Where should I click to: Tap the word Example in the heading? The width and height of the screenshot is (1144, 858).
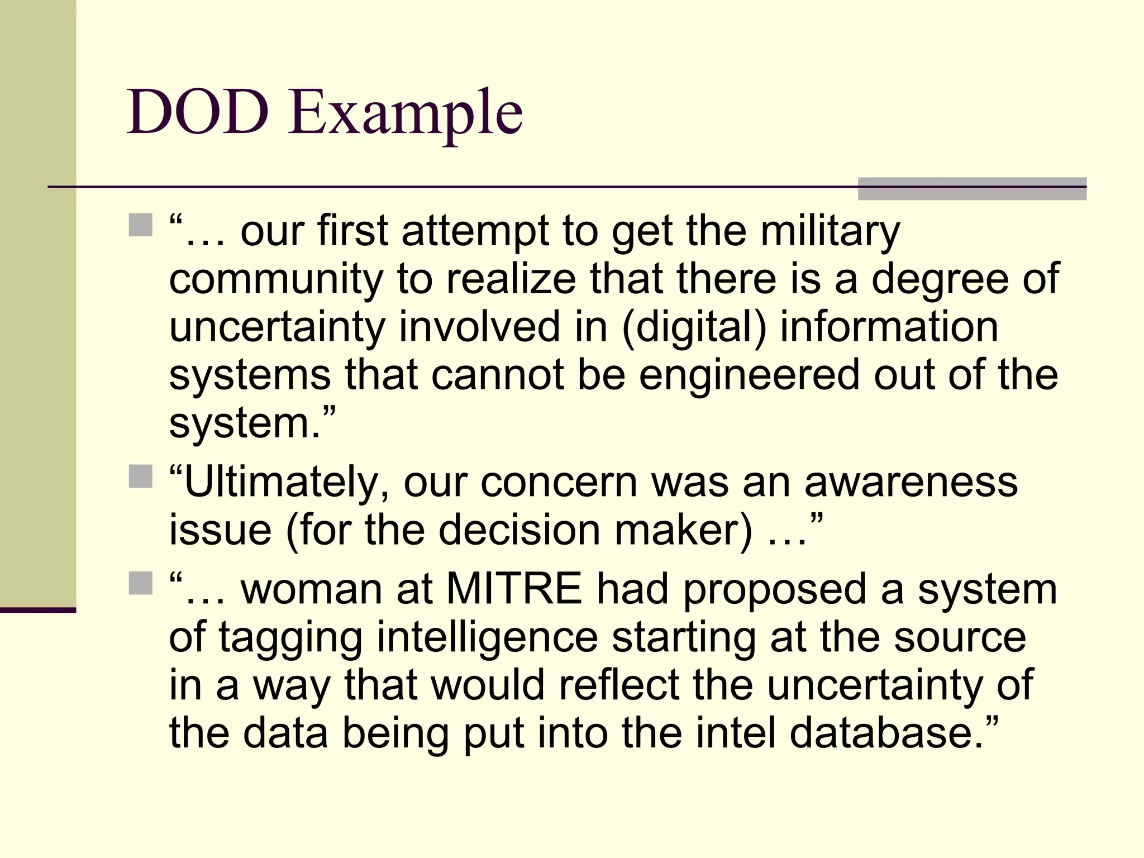406,114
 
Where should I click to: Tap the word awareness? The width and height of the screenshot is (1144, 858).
911,483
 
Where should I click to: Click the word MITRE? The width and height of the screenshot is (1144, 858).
514,589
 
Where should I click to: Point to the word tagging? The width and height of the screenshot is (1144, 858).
290,638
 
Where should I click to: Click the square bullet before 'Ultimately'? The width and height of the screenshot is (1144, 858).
140,476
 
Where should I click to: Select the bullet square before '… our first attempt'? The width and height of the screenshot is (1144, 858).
140,225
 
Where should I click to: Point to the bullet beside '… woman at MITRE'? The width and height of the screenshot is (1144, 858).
140,583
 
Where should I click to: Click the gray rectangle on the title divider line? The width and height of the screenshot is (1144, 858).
972,189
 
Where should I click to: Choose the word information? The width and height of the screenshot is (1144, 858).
889,327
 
